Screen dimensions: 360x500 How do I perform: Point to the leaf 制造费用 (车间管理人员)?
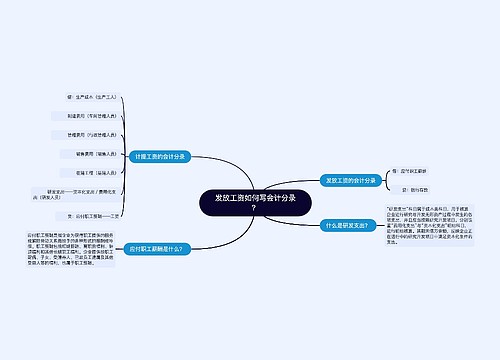(x=92, y=116)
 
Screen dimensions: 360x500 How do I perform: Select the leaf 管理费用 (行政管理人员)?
(x=92, y=134)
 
